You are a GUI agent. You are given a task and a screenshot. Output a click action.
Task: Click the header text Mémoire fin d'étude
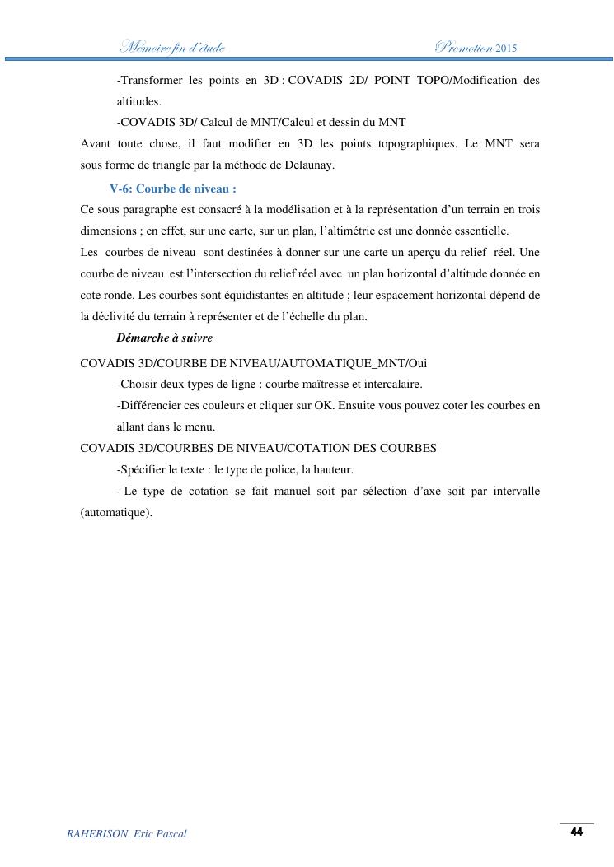pos(172,48)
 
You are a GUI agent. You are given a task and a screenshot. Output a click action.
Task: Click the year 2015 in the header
pos(507,48)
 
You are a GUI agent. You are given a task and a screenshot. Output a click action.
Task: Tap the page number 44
pos(577,832)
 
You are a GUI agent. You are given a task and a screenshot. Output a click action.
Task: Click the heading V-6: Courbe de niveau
pos(173,189)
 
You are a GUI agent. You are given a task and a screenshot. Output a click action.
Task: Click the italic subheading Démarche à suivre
pos(165,338)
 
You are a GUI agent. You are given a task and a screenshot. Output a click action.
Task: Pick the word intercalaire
pos(392,385)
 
